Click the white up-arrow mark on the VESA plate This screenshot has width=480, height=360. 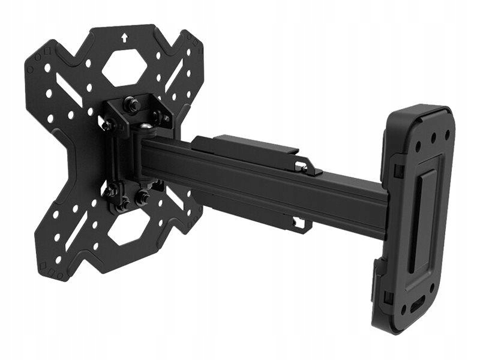click(124, 38)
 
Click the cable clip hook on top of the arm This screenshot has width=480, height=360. click(306, 166)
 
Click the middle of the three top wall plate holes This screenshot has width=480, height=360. click(433, 136)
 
